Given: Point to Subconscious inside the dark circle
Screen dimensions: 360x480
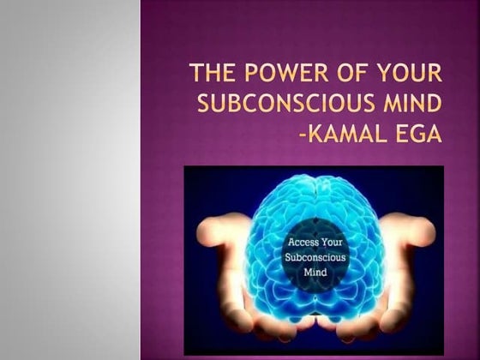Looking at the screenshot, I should tap(313, 256).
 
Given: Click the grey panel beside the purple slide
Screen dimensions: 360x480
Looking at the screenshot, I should tap(69, 180).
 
